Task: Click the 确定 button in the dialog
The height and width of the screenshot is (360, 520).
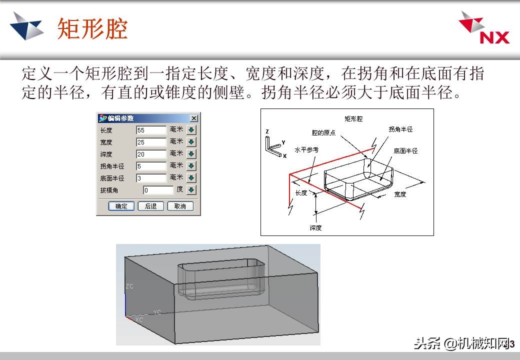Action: coord(121,206)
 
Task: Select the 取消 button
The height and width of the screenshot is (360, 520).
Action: coord(180,206)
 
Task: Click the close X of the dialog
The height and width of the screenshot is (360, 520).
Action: coord(193,118)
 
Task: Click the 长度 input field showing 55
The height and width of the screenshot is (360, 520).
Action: coord(151,130)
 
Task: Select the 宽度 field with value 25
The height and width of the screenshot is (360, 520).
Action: coord(151,142)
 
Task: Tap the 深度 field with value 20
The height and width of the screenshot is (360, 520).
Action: coord(151,154)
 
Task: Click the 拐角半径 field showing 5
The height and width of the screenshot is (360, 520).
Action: coord(151,166)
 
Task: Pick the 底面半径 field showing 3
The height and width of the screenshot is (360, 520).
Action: coord(151,178)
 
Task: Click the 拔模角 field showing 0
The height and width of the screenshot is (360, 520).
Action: coord(158,190)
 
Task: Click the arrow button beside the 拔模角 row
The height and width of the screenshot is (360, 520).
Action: coord(191,190)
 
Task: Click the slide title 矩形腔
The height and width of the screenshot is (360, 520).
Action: coord(92,28)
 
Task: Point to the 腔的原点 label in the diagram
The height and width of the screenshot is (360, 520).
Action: coord(323,133)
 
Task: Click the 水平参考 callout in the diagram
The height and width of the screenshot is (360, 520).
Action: coord(306,149)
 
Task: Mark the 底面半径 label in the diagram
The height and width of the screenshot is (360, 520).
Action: coord(405,150)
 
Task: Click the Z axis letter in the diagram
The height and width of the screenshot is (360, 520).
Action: coord(267,131)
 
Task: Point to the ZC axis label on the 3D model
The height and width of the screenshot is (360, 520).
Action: coord(129,286)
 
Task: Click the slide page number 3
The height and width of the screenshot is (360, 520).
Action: coord(511,344)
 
